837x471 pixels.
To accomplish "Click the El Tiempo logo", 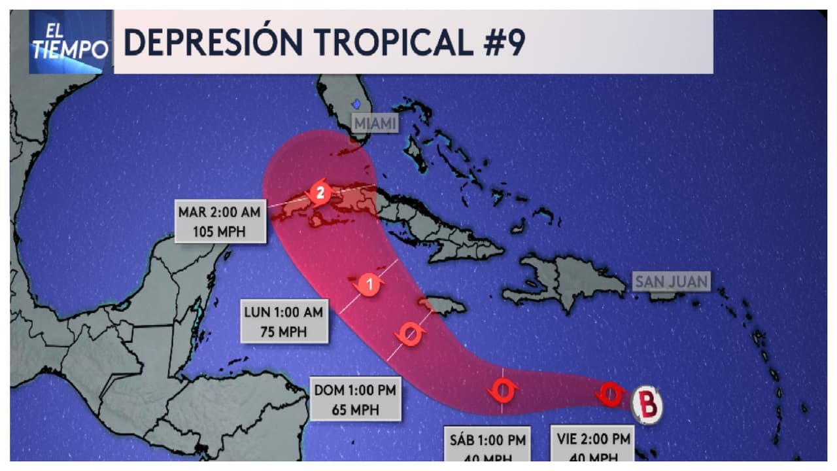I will pyautogui.click(x=69, y=43).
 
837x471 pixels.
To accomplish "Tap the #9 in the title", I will pyautogui.click(x=500, y=43).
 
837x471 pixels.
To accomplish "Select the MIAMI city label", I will pyautogui.click(x=375, y=123).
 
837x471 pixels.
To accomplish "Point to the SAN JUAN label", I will pyautogui.click(x=671, y=282).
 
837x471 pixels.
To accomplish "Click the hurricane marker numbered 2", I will pyautogui.click(x=319, y=193).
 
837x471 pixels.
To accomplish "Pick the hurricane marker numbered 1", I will pyautogui.click(x=369, y=285).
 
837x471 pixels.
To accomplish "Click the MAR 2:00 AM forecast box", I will pyautogui.click(x=220, y=222).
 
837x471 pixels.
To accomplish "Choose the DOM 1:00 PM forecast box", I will pyautogui.click(x=355, y=400).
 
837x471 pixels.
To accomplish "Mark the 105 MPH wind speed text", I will pyautogui.click(x=220, y=232).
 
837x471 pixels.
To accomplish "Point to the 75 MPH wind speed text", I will pyautogui.click(x=283, y=332).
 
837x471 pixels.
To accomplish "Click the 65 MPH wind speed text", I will pyautogui.click(x=355, y=411).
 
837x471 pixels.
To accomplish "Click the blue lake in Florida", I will pyautogui.click(x=356, y=103).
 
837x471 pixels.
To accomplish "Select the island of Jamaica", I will pyautogui.click(x=443, y=305).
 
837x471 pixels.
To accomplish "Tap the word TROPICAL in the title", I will pyautogui.click(x=392, y=43).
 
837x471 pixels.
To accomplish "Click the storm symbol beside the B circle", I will pyautogui.click(x=611, y=393).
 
